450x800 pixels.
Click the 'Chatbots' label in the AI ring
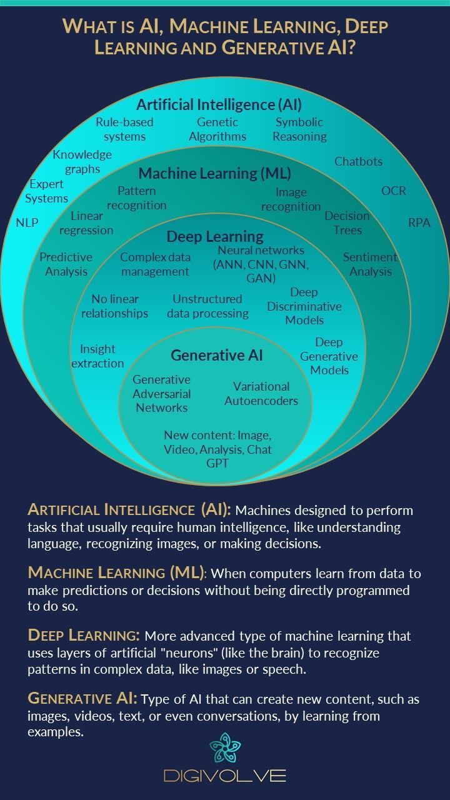pyautogui.click(x=358, y=161)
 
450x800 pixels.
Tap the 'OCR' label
pyautogui.click(x=394, y=191)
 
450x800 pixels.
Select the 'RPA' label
pyautogui.click(x=419, y=222)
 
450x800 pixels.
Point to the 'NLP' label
pyautogui.click(x=27, y=222)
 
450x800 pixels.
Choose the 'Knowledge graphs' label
pyautogui.click(x=82, y=161)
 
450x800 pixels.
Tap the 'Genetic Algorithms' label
pyautogui.click(x=217, y=129)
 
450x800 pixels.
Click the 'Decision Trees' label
pyautogui.click(x=347, y=222)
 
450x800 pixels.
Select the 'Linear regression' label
pyautogui.click(x=87, y=223)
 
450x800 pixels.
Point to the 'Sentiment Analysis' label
pyautogui.click(x=370, y=264)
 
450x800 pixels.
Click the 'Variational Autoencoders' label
pyautogui.click(x=261, y=394)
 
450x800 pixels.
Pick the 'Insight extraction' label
pyautogui.click(x=97, y=356)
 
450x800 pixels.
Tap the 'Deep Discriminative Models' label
pyautogui.click(x=304, y=306)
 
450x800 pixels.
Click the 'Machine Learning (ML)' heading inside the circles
pyautogui.click(x=214, y=173)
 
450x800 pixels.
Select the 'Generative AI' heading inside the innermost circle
pyautogui.click(x=217, y=356)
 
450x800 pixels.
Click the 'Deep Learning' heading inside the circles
pyautogui.click(x=214, y=237)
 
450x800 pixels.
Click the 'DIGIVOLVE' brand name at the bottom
pyautogui.click(x=225, y=776)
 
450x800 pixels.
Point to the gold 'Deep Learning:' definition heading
pyautogui.click(x=84, y=636)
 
